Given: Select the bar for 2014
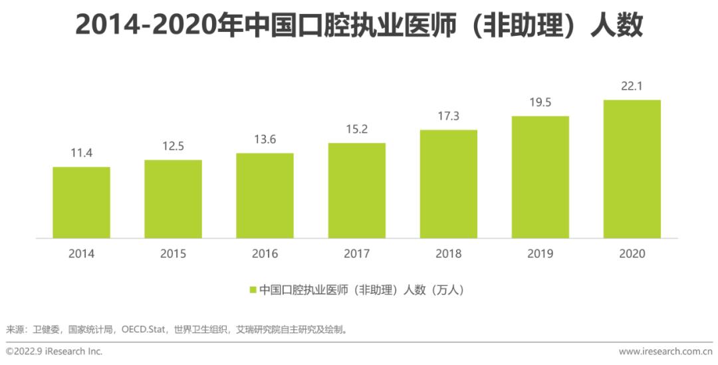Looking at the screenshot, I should click(x=81, y=202).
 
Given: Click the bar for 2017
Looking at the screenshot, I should click(x=356, y=190).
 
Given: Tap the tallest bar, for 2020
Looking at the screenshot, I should click(x=632, y=169).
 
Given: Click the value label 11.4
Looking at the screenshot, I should click(x=81, y=154).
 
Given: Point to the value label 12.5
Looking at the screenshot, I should click(x=173, y=147).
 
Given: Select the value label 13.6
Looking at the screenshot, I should click(x=265, y=140).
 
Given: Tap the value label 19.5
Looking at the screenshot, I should click(x=540, y=102).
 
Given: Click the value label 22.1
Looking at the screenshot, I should click(x=632, y=86).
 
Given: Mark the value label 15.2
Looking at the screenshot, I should click(x=356, y=130).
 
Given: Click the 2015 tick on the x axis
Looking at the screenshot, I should click(x=173, y=254).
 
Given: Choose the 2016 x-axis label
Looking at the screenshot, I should click(x=265, y=254).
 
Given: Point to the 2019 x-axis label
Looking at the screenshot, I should click(x=540, y=254).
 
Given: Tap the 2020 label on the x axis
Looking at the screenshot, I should click(x=632, y=254).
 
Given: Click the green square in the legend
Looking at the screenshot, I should click(x=253, y=290).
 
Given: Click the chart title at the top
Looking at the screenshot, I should click(x=359, y=25).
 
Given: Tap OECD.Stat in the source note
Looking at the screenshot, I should click(x=144, y=329).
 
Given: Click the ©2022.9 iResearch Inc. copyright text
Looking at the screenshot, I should click(x=54, y=351).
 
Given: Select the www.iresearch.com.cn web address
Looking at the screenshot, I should click(x=665, y=351).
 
